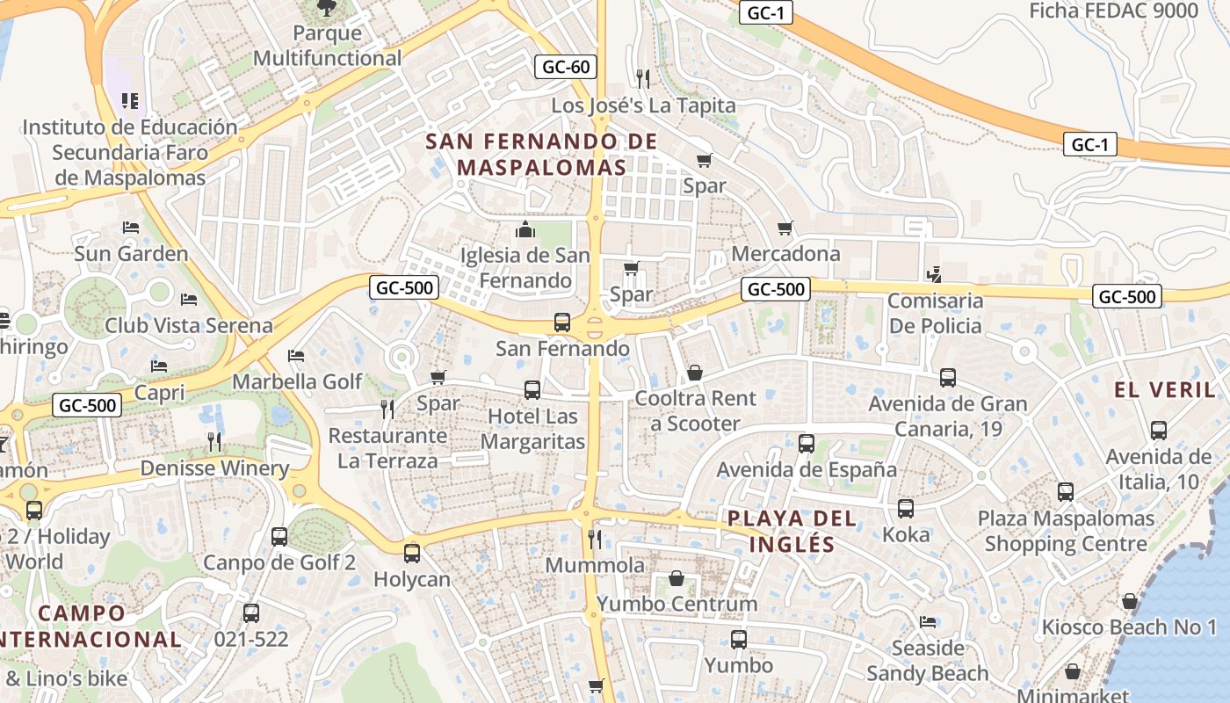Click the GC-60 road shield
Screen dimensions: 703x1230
point(566,67)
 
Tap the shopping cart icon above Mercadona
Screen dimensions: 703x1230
point(785,228)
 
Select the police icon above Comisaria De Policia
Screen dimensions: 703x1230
point(935,274)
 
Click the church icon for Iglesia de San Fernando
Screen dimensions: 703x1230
point(525,230)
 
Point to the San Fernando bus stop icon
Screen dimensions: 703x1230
point(562,323)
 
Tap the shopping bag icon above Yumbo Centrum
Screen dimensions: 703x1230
point(676,578)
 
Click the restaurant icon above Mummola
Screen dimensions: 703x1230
point(595,539)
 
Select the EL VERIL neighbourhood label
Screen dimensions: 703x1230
point(1164,389)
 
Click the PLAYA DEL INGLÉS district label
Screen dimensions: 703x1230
point(792,531)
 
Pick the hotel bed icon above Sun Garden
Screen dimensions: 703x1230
point(131,228)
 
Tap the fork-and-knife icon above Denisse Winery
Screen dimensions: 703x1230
point(214,441)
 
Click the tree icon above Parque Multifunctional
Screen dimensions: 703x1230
point(327,8)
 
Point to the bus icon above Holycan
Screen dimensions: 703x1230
point(411,554)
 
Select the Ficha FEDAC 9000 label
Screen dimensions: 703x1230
point(1113,11)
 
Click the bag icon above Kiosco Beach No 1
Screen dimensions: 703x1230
point(1129,601)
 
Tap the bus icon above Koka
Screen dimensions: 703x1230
point(905,509)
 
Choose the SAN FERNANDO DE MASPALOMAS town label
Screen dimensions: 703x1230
point(542,154)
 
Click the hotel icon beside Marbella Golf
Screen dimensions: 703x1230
point(296,356)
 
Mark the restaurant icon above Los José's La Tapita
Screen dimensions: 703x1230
point(643,79)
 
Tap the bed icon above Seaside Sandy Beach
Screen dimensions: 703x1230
point(928,622)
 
